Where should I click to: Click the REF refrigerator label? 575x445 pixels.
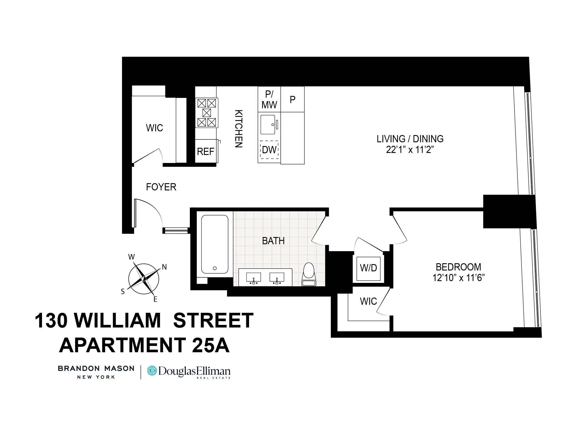coord(205,152)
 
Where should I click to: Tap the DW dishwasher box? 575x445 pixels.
coord(269,150)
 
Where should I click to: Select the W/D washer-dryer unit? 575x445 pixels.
coord(368,268)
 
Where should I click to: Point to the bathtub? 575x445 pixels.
coord(215,244)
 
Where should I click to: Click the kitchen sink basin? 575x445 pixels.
coord(268,124)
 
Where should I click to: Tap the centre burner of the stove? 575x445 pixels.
coord(207,113)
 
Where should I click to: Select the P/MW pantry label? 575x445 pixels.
coord(269,99)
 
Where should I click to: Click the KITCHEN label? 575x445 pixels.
coord(239,129)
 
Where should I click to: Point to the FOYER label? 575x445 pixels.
coord(161,187)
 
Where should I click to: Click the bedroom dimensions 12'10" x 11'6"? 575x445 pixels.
coord(459,278)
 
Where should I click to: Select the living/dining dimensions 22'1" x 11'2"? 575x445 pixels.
coord(410,150)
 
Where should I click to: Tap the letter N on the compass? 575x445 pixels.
coord(164,267)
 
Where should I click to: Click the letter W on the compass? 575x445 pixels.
coord(131,257)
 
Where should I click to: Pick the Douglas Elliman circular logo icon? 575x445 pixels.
coord(152,371)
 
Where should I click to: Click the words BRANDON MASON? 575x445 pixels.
coord(96,369)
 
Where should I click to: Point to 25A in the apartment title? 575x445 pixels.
coord(211,345)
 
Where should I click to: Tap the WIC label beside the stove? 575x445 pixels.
coord(154,128)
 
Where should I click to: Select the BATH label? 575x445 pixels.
coord(273,241)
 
